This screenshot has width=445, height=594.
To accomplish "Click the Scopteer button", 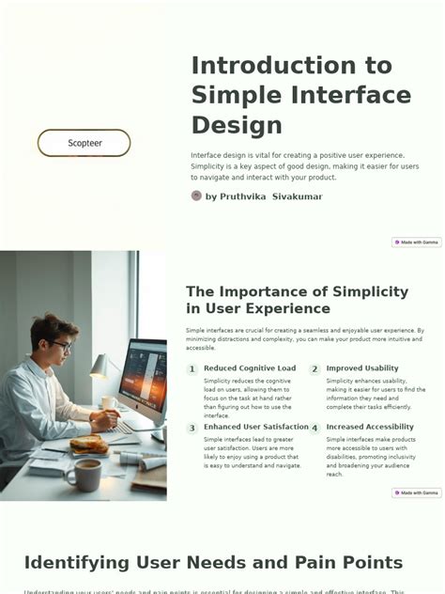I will click(84, 143).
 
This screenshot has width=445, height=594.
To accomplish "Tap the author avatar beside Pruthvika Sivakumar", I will click(196, 195).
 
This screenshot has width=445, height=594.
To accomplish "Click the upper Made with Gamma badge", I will click(416, 242).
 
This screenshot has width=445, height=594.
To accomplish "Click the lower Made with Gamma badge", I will click(416, 492).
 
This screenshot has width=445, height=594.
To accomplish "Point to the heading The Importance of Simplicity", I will click(297, 291).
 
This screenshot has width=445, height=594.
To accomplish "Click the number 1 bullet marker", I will click(192, 369).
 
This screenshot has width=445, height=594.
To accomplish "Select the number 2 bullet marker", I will click(315, 369).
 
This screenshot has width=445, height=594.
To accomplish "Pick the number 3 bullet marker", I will click(192, 428).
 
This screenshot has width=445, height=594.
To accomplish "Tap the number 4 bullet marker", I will click(315, 428).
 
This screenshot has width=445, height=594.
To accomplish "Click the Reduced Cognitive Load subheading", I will click(249, 368).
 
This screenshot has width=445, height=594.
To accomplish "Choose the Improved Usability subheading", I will click(362, 368).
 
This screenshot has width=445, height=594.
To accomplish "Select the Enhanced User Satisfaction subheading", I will click(255, 427).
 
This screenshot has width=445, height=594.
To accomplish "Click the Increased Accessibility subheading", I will click(370, 427).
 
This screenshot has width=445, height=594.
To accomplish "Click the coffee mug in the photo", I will click(85, 474).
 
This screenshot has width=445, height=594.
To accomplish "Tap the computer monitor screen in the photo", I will click(144, 376).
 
